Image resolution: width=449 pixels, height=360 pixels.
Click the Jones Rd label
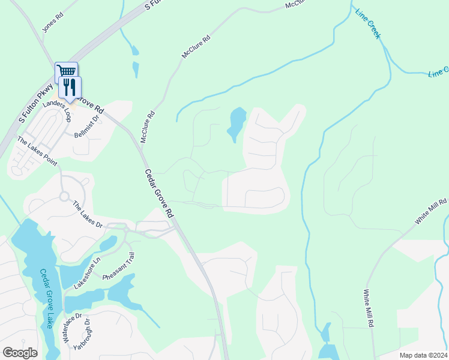coord(52,23)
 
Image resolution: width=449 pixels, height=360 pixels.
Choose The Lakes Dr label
coord(88,214)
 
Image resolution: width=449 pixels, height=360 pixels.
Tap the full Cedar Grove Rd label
coord(158,193)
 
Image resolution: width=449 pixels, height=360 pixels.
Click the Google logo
coord(20,353)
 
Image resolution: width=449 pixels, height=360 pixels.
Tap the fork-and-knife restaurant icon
coord(70,88)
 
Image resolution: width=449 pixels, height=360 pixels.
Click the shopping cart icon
coord(65,72)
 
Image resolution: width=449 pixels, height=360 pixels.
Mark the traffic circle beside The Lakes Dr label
coord(63,196)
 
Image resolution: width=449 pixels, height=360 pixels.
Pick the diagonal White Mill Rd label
coord(432,213)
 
